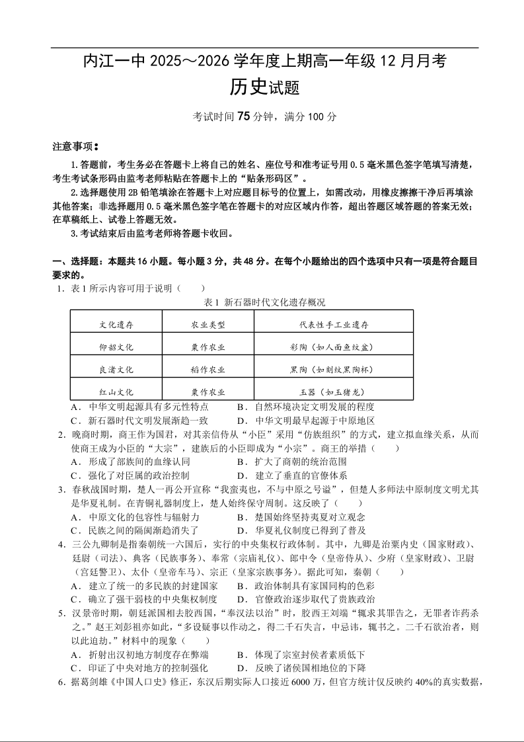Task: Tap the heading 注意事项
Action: pyautogui.click(x=75, y=145)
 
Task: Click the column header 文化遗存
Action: pyautogui.click(x=116, y=325)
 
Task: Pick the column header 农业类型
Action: pyautogui.click(x=208, y=325)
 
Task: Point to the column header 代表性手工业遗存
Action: pyautogui.click(x=334, y=325)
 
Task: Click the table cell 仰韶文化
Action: pyautogui.click(x=116, y=347)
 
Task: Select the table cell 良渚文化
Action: pyautogui.click(x=116, y=369)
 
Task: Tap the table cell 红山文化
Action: pyautogui.click(x=116, y=392)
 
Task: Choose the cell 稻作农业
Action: pyautogui.click(x=208, y=369)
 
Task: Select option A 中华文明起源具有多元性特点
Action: pyautogui.click(x=139, y=407)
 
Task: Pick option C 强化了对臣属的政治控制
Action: pyautogui.click(x=135, y=475)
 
